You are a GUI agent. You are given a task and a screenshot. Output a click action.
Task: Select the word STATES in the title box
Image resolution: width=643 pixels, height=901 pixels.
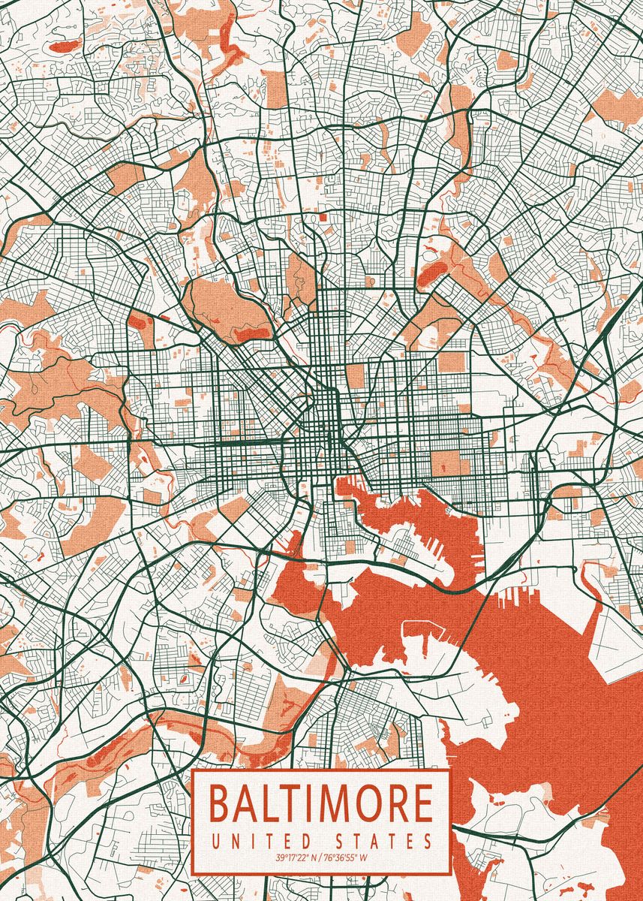380,840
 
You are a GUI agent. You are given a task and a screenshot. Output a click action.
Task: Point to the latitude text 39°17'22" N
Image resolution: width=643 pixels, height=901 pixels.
296,857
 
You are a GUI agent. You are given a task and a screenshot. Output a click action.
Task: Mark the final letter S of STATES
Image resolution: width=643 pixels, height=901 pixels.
428,840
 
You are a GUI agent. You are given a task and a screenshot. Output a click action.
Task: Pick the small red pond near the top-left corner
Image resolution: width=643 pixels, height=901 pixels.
65,47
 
